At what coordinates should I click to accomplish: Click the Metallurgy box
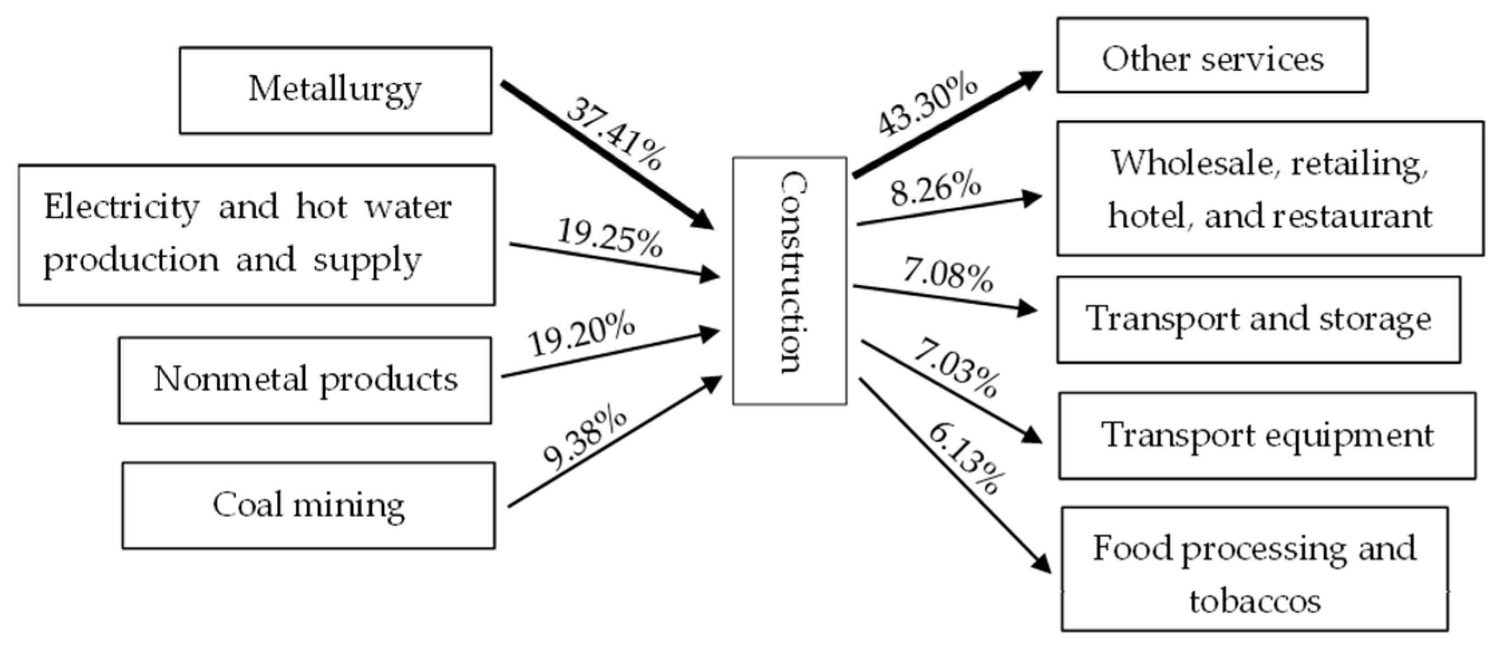[x=335, y=90]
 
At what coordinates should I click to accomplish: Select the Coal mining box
[x=309, y=505]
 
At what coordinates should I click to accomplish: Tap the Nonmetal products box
[x=305, y=380]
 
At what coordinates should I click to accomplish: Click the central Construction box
[x=790, y=280]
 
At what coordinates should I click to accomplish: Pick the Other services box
[x=1213, y=55]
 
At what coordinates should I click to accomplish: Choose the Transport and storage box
[x=1258, y=319]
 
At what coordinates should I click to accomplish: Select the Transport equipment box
[x=1267, y=435]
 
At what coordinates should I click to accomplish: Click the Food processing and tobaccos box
[x=1254, y=568]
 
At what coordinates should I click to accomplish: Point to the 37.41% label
[x=614, y=134]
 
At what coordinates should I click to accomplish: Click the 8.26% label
[x=935, y=189]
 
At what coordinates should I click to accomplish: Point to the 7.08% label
[x=948, y=274]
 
